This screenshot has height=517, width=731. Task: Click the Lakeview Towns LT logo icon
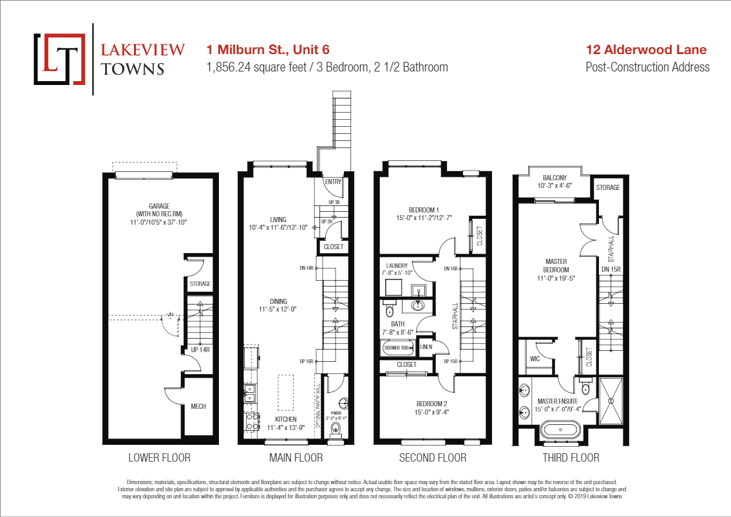click(59, 59)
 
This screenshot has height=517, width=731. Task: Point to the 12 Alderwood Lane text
click(646, 50)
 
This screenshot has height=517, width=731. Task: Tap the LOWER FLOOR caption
click(159, 458)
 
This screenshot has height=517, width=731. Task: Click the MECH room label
click(198, 406)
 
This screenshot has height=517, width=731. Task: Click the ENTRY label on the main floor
click(333, 182)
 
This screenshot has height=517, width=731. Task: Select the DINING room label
click(278, 301)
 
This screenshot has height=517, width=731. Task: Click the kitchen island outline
click(286, 393)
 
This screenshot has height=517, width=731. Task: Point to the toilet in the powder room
click(334, 426)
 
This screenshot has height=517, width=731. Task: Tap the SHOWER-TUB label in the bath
click(398, 348)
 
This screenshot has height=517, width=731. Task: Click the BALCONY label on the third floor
click(555, 178)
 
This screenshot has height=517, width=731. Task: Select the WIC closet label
click(535, 359)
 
